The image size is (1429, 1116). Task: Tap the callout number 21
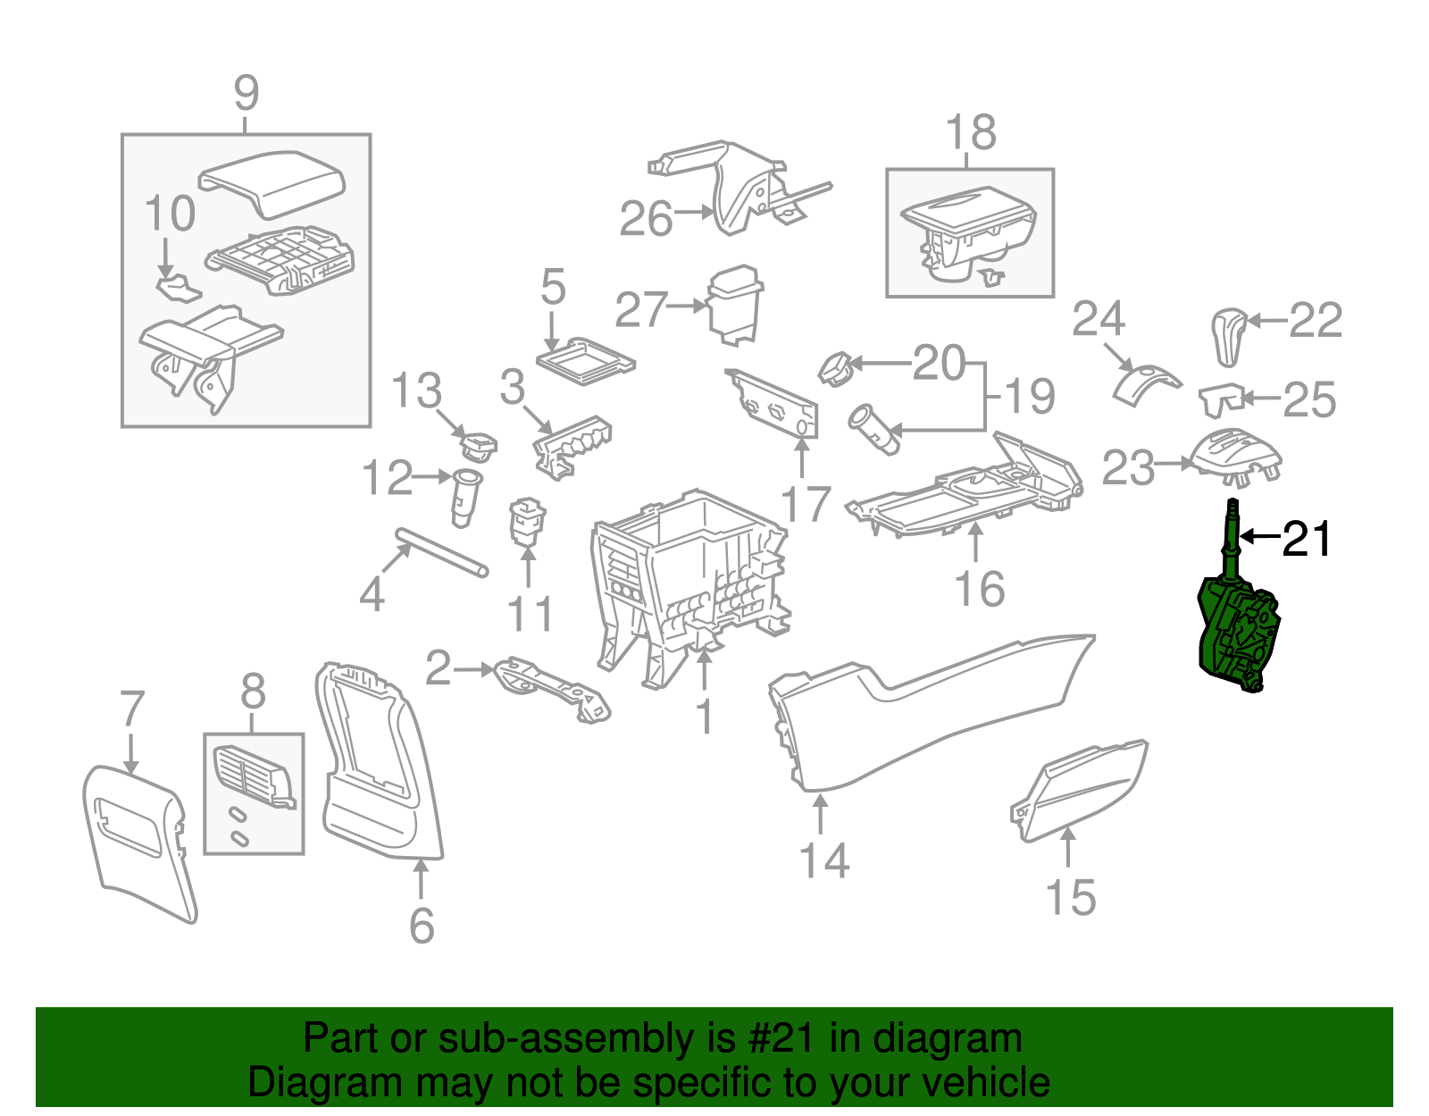(x=1307, y=539)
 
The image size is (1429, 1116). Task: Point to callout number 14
(x=823, y=860)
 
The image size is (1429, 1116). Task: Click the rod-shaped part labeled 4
(x=442, y=553)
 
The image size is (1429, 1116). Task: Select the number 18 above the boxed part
(x=971, y=133)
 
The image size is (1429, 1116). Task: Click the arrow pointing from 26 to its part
(x=694, y=212)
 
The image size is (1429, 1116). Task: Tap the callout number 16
(x=979, y=590)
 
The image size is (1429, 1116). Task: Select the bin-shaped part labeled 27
(x=734, y=304)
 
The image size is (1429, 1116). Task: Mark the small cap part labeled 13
(x=478, y=444)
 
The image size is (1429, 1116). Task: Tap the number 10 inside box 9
(x=170, y=214)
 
